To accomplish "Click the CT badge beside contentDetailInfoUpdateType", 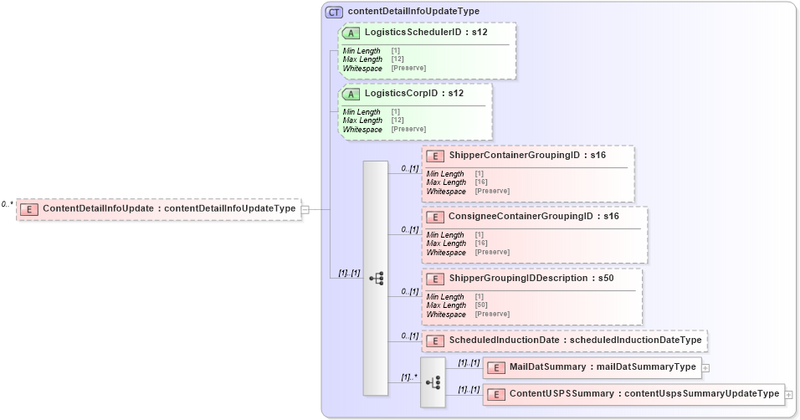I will click(x=334, y=12).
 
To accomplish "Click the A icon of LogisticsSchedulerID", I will click(x=351, y=33).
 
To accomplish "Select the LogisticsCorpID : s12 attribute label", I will click(x=413, y=94).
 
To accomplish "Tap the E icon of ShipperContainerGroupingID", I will click(x=436, y=156).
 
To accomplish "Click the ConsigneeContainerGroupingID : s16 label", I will click(x=533, y=217).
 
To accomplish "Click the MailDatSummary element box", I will click(x=591, y=367).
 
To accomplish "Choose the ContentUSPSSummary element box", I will click(x=633, y=394).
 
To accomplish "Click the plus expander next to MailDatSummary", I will click(x=706, y=367).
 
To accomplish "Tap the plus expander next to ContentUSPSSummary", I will click(x=789, y=394).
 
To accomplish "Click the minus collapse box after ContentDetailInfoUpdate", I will click(x=305, y=209).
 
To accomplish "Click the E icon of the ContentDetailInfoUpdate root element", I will click(x=29, y=209).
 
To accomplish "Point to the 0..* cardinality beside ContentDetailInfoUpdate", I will click(x=8, y=203).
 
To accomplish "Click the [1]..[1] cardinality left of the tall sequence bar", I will click(x=349, y=273).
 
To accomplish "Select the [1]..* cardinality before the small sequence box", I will click(x=408, y=376).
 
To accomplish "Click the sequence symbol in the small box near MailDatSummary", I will click(x=433, y=382).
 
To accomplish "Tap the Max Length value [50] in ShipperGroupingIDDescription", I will click(x=481, y=305).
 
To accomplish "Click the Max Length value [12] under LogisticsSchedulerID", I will click(x=397, y=59).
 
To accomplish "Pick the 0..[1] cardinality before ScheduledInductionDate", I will click(x=409, y=335).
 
